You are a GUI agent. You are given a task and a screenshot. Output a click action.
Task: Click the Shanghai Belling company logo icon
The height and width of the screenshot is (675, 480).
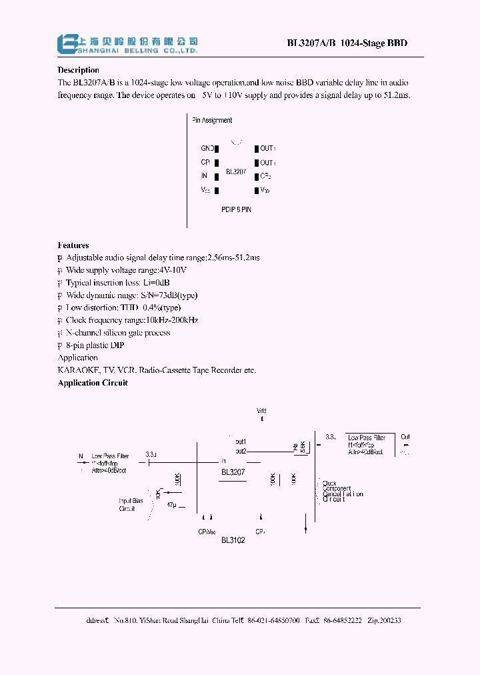[67, 43]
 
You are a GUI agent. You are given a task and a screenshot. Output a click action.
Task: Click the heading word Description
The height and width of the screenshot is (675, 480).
[78, 70]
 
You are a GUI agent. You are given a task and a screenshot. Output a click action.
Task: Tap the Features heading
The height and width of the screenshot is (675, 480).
[73, 245]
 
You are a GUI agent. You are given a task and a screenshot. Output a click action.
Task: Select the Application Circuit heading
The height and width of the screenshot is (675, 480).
[93, 383]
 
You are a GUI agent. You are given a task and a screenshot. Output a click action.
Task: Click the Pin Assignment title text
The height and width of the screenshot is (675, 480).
[212, 121]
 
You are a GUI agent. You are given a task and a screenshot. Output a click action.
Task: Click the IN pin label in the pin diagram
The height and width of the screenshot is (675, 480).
[204, 176]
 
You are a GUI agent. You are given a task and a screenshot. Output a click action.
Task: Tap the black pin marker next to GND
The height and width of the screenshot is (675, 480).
[217, 148]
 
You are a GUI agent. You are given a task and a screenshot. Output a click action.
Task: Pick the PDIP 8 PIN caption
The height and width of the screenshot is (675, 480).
[236, 209]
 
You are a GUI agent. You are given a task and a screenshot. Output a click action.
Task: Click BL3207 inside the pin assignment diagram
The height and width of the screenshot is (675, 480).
[236, 171]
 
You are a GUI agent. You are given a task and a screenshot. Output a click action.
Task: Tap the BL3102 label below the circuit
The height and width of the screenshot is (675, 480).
[233, 540]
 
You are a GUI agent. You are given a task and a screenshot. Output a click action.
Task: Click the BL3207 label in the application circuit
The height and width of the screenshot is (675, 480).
[233, 472]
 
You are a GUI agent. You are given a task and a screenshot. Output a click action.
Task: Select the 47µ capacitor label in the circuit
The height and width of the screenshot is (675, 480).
[172, 506]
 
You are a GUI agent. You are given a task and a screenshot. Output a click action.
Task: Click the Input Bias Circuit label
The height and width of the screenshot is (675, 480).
[131, 504]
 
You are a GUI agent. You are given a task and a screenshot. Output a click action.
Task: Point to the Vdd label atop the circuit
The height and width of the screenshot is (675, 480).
[261, 410]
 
